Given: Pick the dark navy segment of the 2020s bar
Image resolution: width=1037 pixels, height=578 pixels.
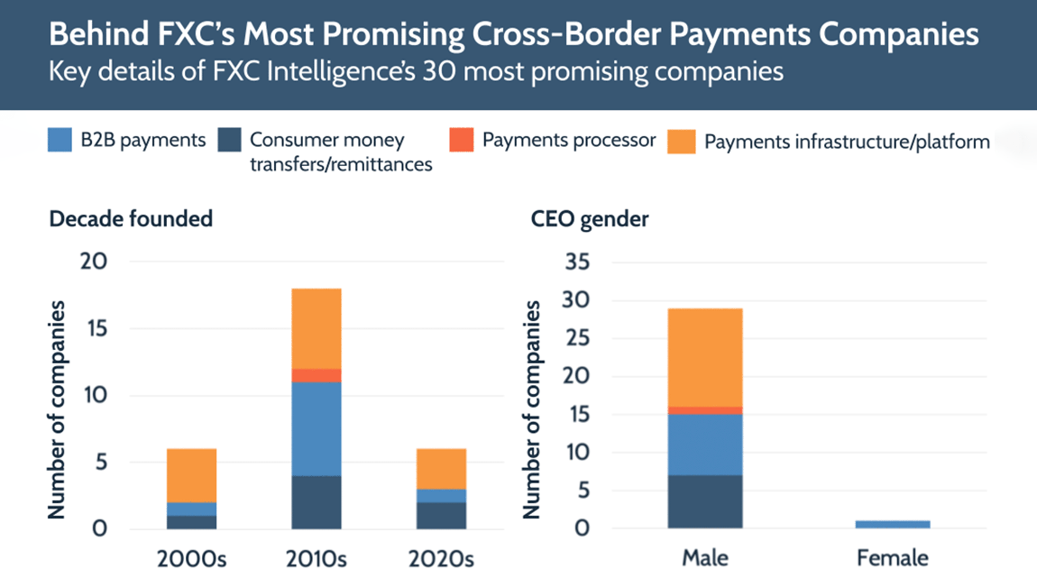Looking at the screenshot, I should [x=441, y=515].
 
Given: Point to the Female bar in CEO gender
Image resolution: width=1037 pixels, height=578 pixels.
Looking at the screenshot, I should [x=893, y=524].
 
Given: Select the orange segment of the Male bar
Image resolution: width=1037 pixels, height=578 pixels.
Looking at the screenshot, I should [x=705, y=357].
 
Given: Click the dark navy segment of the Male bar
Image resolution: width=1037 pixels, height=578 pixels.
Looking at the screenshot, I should [x=705, y=501].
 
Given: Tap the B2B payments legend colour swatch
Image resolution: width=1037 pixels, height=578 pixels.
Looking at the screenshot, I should [x=60, y=141].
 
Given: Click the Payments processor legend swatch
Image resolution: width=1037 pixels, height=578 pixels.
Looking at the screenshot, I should [x=462, y=141].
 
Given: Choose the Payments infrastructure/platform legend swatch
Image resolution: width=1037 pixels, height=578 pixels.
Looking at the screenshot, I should [x=681, y=142].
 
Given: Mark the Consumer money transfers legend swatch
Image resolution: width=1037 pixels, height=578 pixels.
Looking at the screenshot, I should [x=230, y=141].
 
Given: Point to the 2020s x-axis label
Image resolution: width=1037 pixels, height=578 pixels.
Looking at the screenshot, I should [x=441, y=557].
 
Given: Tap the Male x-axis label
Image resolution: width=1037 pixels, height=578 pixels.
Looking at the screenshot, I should [x=705, y=557].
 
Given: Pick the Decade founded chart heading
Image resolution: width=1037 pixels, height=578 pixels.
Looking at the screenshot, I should [x=131, y=219].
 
